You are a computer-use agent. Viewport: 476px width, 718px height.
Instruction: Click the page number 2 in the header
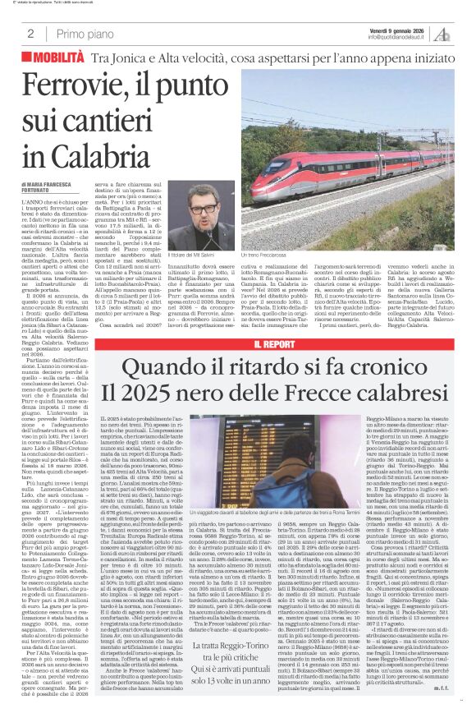coord(30,33)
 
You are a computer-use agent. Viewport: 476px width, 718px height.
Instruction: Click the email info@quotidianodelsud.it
coord(400,37)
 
